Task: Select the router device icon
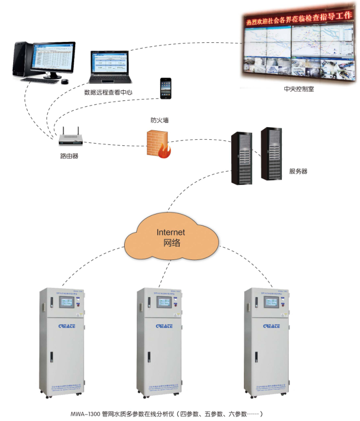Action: point(70,139)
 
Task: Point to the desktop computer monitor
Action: point(54,60)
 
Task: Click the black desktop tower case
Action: point(22,60)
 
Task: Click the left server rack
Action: point(241,157)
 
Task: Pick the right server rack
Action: point(271,153)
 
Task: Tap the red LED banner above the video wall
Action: point(298,19)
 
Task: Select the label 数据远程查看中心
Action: point(108,92)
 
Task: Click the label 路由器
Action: point(69,156)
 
